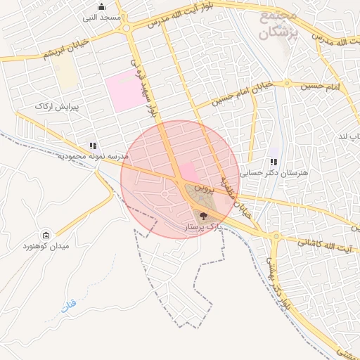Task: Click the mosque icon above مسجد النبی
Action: tap(101, 7)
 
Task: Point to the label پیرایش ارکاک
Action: tap(54, 106)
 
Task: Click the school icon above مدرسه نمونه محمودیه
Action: tap(93, 146)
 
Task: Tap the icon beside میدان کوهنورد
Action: tap(46, 235)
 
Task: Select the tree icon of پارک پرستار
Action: tap(204, 217)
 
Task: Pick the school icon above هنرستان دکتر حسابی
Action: tap(274, 162)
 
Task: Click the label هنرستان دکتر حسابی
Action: tap(262, 172)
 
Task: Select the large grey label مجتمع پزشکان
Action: tap(278, 24)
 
